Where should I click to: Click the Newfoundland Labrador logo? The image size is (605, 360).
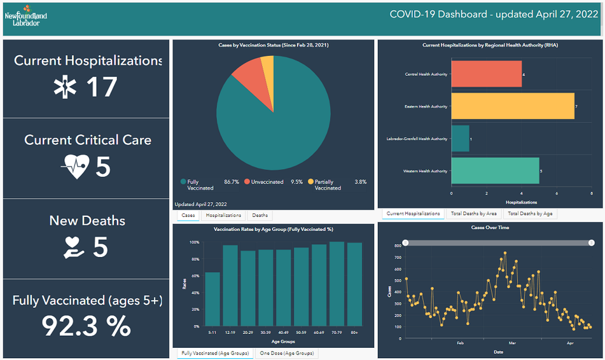[25, 15]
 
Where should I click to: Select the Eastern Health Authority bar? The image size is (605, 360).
[512, 107]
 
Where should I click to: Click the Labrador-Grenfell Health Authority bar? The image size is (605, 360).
[460, 139]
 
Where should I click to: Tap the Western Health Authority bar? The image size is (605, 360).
[495, 171]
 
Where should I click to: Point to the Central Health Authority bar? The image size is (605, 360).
[486, 75]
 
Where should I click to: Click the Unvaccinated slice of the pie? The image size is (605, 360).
[247, 73]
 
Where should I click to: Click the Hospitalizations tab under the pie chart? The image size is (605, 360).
[223, 215]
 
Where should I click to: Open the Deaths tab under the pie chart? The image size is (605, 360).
[260, 215]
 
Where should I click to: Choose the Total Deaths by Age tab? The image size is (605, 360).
[529, 214]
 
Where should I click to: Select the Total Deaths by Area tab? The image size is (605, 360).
[474, 214]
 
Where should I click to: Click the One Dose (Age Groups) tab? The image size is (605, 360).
[286, 353]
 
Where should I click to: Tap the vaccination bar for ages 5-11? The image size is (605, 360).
[212, 299]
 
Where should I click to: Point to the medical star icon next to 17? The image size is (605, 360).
[65, 87]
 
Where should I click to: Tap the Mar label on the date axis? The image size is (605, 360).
[512, 343]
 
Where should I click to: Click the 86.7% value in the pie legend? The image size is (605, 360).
[231, 182]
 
